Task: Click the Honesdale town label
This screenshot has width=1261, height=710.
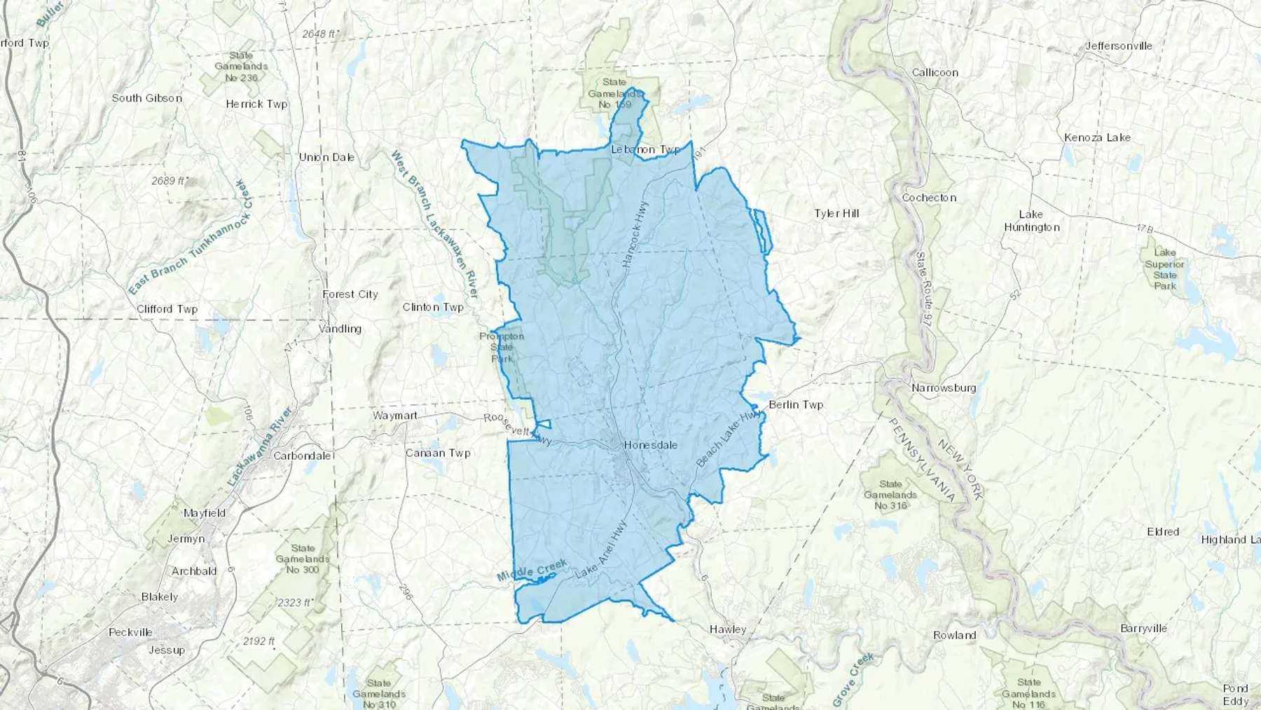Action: coord(650,445)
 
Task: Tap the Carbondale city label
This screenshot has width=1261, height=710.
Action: coord(303,456)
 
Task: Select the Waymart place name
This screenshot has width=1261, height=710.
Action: coord(394,416)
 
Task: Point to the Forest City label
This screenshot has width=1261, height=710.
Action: coord(350,294)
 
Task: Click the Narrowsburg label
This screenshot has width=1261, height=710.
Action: coord(944,388)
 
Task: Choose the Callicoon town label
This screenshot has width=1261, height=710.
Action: coord(935,73)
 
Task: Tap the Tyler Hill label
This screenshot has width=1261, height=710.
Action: coord(836,213)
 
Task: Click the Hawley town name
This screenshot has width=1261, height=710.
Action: coord(728,629)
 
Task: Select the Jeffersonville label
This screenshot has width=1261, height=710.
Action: coord(1119,46)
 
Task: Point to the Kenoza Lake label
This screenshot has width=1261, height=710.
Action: coord(1097,137)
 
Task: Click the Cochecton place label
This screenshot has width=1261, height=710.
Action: coord(929,198)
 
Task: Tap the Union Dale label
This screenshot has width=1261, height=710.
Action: coord(326,157)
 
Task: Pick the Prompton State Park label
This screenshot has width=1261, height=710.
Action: coord(502,348)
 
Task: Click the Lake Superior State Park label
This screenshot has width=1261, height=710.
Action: coord(1164,269)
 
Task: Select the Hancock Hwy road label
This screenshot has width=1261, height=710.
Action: coord(635,234)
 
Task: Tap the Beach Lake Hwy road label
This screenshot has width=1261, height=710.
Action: coord(728,439)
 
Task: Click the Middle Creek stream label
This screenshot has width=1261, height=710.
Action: coord(532,571)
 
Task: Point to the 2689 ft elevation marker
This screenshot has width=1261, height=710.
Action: coord(169,181)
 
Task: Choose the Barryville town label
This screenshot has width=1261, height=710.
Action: coord(1143,628)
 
